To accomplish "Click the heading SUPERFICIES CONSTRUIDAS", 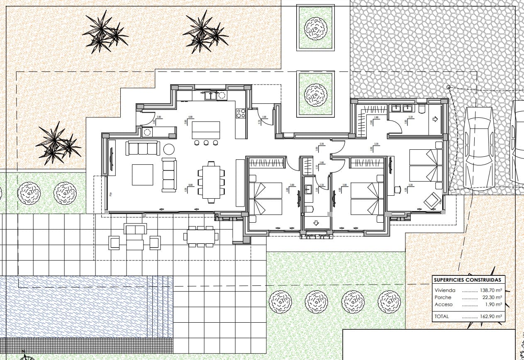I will click(467, 280).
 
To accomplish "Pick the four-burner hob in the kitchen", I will click(241, 113).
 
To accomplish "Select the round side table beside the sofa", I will click(169, 149).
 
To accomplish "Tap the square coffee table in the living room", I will click(142, 175).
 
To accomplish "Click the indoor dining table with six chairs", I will click(211, 182).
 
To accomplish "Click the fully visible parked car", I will click(479, 147).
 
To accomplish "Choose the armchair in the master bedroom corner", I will click(432, 200).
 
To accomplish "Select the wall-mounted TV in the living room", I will click(112, 159).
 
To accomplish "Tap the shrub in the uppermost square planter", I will click(315, 28).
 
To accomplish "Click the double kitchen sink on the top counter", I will click(211, 96).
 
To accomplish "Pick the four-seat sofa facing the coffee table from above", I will click(143, 148).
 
